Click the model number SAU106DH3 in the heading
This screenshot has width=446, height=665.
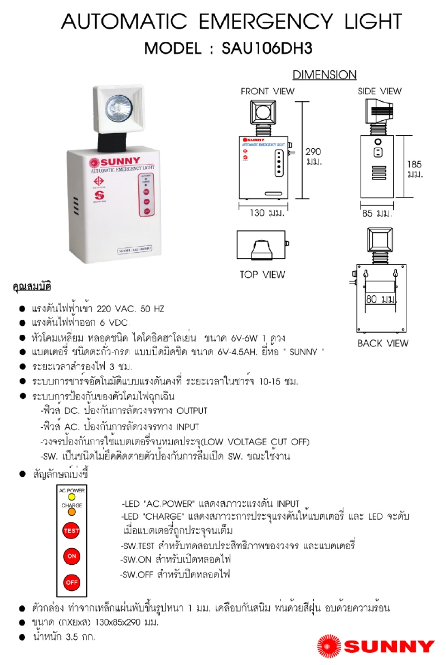[x=267, y=48]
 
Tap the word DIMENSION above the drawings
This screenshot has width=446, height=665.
[x=324, y=75]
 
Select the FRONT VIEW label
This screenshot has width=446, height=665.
[x=268, y=91]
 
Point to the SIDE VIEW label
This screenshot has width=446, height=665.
[x=380, y=91]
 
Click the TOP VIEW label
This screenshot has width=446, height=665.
[x=262, y=274]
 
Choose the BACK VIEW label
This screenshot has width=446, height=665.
[x=383, y=343]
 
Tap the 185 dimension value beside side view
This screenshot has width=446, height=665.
[x=414, y=164]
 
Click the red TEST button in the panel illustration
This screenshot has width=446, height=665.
[x=71, y=531]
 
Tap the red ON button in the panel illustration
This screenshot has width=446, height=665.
[x=71, y=556]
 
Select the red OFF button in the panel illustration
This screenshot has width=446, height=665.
[x=71, y=583]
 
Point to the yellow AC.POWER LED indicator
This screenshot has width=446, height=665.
[x=72, y=497]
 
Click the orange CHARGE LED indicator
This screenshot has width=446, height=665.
[x=72, y=511]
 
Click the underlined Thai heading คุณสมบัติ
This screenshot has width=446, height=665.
[x=32, y=287]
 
